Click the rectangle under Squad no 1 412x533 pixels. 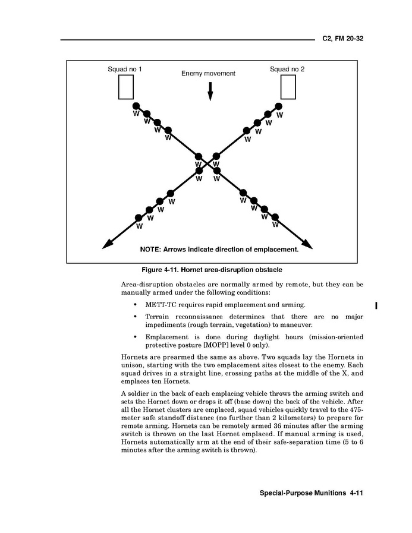click(x=125, y=87)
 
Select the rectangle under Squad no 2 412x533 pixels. click(x=288, y=87)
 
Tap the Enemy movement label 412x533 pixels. click(x=208, y=74)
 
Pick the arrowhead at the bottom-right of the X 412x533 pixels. click(x=308, y=244)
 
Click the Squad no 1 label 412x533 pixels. click(x=125, y=70)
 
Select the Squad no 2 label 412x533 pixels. click(x=287, y=70)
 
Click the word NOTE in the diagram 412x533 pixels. click(x=150, y=250)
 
